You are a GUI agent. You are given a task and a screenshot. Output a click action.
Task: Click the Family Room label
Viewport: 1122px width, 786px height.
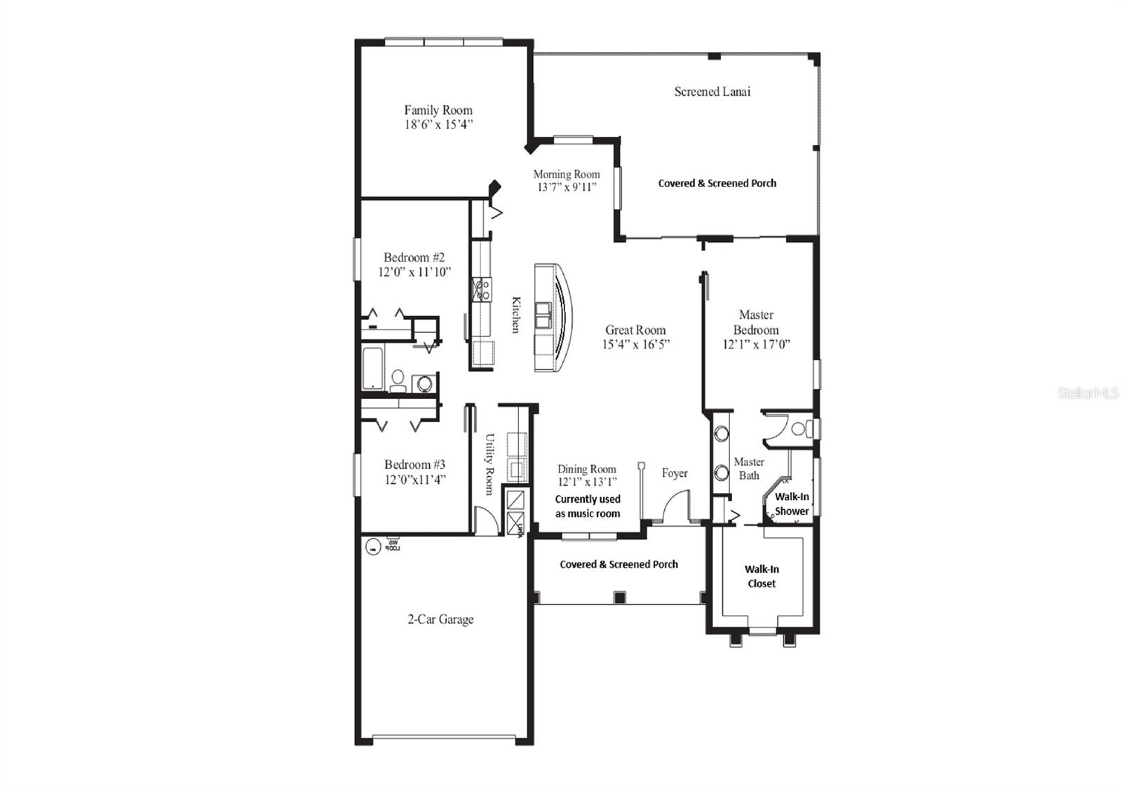click(x=438, y=110)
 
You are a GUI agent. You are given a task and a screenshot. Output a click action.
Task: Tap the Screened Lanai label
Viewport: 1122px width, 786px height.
click(x=712, y=91)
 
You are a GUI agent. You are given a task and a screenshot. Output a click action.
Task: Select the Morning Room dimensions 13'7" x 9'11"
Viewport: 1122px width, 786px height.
click(x=567, y=187)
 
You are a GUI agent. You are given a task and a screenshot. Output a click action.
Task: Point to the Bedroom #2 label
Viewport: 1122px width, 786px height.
click(x=414, y=257)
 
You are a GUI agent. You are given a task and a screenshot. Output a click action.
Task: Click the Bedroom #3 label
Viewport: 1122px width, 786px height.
click(x=414, y=464)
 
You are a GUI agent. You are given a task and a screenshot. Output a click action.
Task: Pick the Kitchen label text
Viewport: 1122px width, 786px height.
click(x=516, y=315)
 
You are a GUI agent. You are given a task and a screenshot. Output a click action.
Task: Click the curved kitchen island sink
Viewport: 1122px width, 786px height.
click(x=543, y=316)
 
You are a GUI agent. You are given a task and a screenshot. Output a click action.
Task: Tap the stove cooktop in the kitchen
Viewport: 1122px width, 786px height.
click(x=482, y=289)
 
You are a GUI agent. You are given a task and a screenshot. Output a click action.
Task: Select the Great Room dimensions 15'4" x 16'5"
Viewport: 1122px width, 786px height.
click(x=636, y=344)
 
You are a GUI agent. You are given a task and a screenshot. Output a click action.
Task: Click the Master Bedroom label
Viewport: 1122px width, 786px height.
click(x=756, y=323)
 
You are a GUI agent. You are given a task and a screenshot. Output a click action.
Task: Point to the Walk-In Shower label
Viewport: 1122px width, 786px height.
click(x=792, y=503)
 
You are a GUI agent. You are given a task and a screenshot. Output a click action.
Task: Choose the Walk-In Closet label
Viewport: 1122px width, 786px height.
click(x=762, y=576)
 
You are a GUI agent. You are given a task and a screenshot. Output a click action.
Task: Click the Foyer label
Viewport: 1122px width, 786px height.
click(x=675, y=473)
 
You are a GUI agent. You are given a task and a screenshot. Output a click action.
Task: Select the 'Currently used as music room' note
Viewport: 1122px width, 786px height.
click(x=588, y=506)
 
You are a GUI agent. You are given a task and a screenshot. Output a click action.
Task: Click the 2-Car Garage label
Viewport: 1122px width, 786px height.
click(x=440, y=619)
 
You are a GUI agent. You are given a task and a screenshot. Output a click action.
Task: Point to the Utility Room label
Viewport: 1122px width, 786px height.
click(x=489, y=463)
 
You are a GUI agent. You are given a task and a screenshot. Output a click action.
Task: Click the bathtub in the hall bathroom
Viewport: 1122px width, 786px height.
click(x=372, y=367)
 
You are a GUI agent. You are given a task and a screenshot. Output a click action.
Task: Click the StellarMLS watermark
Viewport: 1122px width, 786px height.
click(x=1088, y=394)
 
